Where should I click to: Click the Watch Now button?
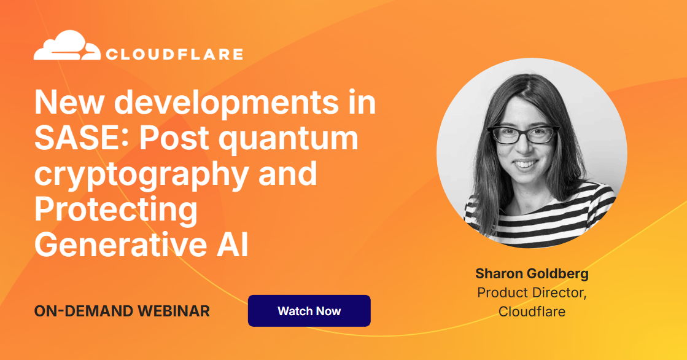coord(309,311)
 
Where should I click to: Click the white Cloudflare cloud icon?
coord(67,45)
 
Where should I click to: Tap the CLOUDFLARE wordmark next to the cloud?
coord(174,55)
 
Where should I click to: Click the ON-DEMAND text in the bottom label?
coord(83,311)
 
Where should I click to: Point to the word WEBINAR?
coord(174,311)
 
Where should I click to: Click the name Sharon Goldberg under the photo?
coord(532,274)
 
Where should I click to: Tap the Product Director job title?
coord(532,292)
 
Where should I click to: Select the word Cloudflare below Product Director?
coord(532,311)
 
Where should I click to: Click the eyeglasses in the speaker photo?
coord(524,135)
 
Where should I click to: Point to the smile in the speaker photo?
coord(526,165)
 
